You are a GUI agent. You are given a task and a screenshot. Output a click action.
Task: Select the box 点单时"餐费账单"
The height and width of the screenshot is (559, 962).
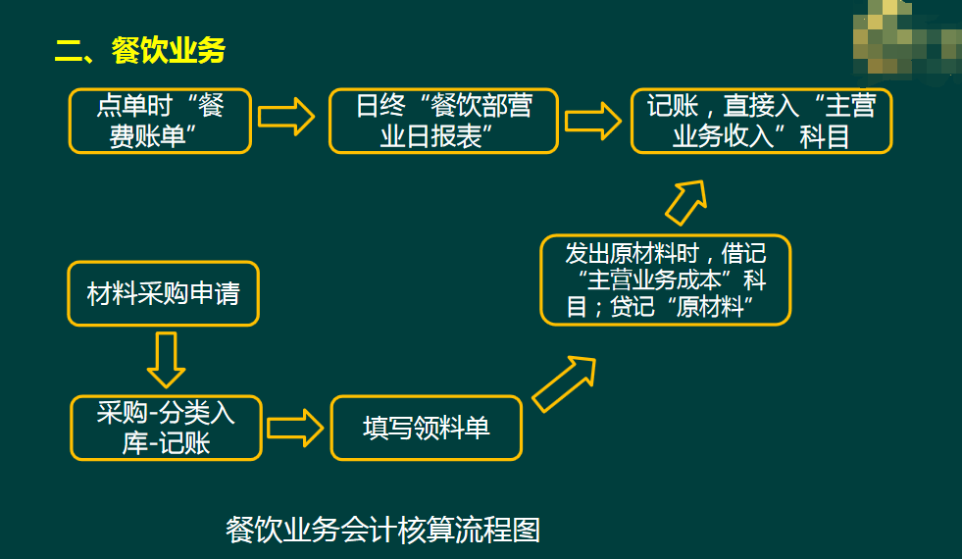click(x=160, y=121)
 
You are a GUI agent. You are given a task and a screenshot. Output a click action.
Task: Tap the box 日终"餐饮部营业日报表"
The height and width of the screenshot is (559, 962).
click(x=443, y=121)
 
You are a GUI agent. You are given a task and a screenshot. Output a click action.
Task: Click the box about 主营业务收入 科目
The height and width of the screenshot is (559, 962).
click(x=761, y=121)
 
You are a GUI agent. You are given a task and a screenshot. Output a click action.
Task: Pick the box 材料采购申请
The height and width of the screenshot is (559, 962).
click(x=163, y=293)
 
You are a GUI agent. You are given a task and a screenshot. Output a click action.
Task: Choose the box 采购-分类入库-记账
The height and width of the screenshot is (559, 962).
click(x=166, y=428)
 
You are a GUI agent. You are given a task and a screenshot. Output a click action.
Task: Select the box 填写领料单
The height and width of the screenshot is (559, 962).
click(x=426, y=428)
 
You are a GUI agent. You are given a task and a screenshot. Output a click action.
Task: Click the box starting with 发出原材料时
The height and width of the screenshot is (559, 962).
click(x=665, y=279)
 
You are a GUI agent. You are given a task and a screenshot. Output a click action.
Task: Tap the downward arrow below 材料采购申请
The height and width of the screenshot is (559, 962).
click(x=166, y=359)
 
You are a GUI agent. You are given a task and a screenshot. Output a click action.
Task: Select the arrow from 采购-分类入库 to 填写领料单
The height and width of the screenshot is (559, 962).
click(x=295, y=428)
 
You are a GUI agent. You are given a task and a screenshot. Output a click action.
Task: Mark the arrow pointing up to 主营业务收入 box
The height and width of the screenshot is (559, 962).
click(x=686, y=200)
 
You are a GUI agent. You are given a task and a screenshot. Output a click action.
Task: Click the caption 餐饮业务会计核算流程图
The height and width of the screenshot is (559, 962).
click(x=382, y=531)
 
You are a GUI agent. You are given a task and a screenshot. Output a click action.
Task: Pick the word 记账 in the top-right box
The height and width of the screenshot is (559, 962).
click(x=672, y=106)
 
